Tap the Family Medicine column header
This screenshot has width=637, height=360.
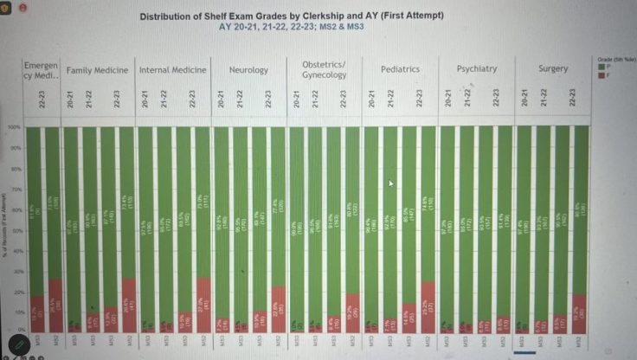click(98, 70)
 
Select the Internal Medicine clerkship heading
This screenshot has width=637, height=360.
click(172, 70)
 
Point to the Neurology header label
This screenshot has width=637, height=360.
click(248, 70)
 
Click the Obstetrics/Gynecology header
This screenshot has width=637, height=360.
click(324, 69)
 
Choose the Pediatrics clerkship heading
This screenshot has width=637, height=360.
click(400, 69)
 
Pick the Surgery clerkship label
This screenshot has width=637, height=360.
click(553, 69)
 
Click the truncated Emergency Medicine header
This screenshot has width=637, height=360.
click(41, 69)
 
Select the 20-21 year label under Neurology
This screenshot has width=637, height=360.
click(221, 99)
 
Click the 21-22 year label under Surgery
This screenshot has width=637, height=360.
click(544, 99)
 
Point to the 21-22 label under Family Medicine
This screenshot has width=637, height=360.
click(88, 99)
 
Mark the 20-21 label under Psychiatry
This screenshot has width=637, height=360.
click(448, 99)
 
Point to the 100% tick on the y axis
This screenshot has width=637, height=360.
click(14, 127)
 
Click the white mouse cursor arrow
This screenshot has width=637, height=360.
click(391, 183)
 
